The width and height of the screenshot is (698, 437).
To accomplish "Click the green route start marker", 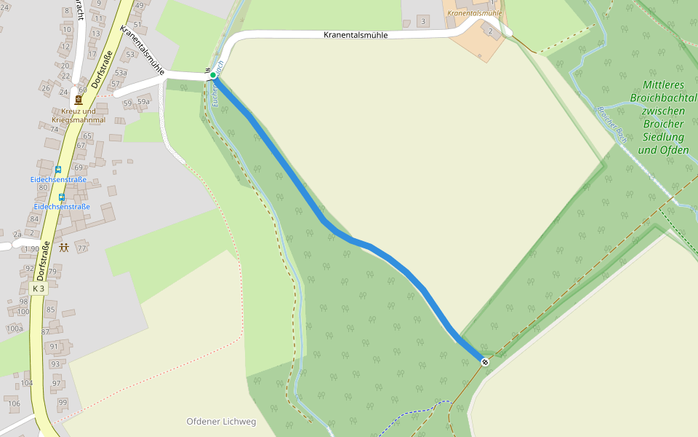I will (x=213, y=75).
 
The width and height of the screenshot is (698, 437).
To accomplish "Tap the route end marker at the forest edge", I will (x=485, y=362).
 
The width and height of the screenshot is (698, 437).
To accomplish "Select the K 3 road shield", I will (x=39, y=288).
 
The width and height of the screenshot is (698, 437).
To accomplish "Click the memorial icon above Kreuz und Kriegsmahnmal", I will (x=79, y=99).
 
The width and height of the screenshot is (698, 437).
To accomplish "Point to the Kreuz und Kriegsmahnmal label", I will (x=79, y=115).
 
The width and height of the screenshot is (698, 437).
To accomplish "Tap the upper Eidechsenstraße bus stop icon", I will (x=58, y=170).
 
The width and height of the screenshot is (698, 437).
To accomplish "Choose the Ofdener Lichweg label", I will (x=221, y=422).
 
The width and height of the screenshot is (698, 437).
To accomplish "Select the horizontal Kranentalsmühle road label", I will (x=356, y=35).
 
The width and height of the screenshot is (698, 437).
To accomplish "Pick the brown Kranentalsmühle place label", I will (x=475, y=13).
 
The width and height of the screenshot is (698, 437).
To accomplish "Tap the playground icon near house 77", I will (x=64, y=248).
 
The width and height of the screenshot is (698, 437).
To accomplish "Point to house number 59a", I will (x=143, y=102).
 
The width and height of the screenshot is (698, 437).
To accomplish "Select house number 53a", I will (x=121, y=73).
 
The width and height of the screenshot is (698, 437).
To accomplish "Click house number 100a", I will (x=15, y=328).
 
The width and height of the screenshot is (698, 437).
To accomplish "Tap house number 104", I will (x=27, y=383).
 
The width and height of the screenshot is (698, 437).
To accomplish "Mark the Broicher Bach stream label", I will (x=611, y=125).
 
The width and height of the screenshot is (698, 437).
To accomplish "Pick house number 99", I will (x=63, y=403).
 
